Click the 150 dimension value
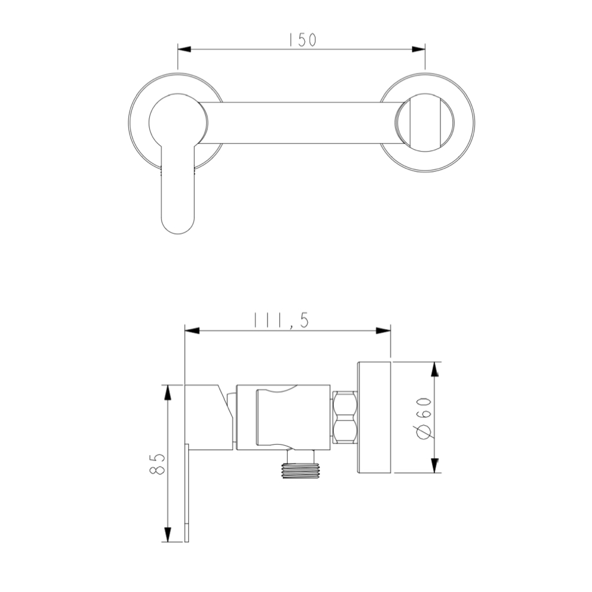pos(302,39)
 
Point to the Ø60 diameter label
pos(424,417)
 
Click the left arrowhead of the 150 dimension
pos(184,49)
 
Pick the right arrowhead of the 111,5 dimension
pos(385,330)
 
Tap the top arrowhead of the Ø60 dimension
pos(435,368)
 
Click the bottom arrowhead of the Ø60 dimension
pos(435,465)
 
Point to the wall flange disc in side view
pos(374,417)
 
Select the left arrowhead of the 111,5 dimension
pos(191,330)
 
